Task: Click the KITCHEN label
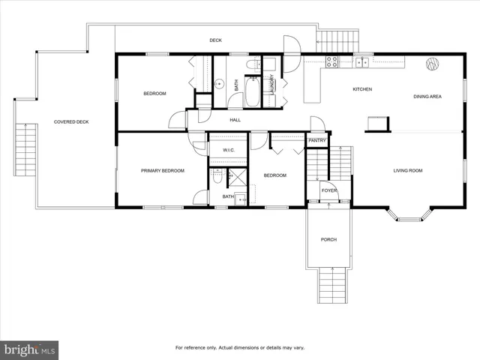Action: [x=362, y=90]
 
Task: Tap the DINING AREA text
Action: [x=427, y=97]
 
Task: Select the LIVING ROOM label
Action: [x=408, y=171]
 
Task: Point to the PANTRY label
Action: [x=316, y=140]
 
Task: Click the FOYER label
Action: [x=328, y=190]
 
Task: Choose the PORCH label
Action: [x=328, y=240]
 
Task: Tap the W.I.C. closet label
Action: [x=227, y=149]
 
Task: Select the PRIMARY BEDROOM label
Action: [x=163, y=171]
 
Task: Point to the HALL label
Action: [x=235, y=119]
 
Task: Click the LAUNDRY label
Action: [x=272, y=83]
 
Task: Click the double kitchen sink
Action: [x=361, y=62]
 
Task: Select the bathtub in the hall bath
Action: [x=253, y=91]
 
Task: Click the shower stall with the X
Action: [x=237, y=178]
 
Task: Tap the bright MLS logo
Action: [x=30, y=349]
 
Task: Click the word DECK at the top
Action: [x=215, y=40]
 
